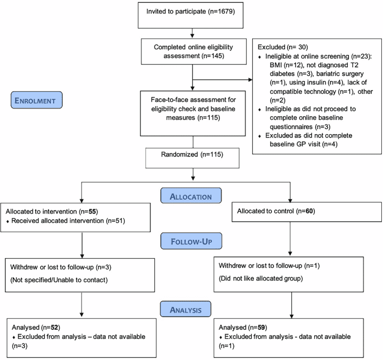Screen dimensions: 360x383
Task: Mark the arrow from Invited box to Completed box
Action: pyautogui.click(x=192, y=36)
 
